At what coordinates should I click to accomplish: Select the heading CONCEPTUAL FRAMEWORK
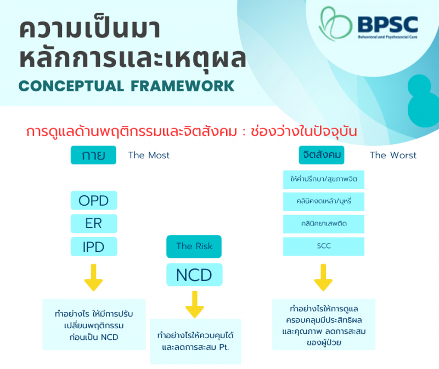(126, 86)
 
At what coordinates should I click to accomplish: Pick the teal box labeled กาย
(93, 155)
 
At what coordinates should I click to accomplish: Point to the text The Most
(149, 155)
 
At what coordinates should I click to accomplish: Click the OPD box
(93, 200)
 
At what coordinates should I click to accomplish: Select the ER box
(93, 223)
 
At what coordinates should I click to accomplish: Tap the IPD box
(93, 246)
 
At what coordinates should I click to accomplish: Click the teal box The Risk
(194, 246)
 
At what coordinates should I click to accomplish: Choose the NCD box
(194, 275)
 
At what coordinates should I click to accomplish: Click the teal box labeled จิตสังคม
(323, 155)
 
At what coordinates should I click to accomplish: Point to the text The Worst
(393, 155)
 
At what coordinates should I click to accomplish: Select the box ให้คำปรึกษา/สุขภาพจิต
(324, 179)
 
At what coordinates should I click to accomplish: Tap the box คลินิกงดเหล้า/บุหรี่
(324, 201)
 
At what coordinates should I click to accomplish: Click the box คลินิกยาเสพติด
(324, 224)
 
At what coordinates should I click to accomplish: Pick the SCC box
(324, 246)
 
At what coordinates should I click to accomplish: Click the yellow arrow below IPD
(93, 278)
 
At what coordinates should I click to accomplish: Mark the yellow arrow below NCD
(194, 304)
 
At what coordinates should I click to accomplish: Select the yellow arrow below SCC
(324, 278)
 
